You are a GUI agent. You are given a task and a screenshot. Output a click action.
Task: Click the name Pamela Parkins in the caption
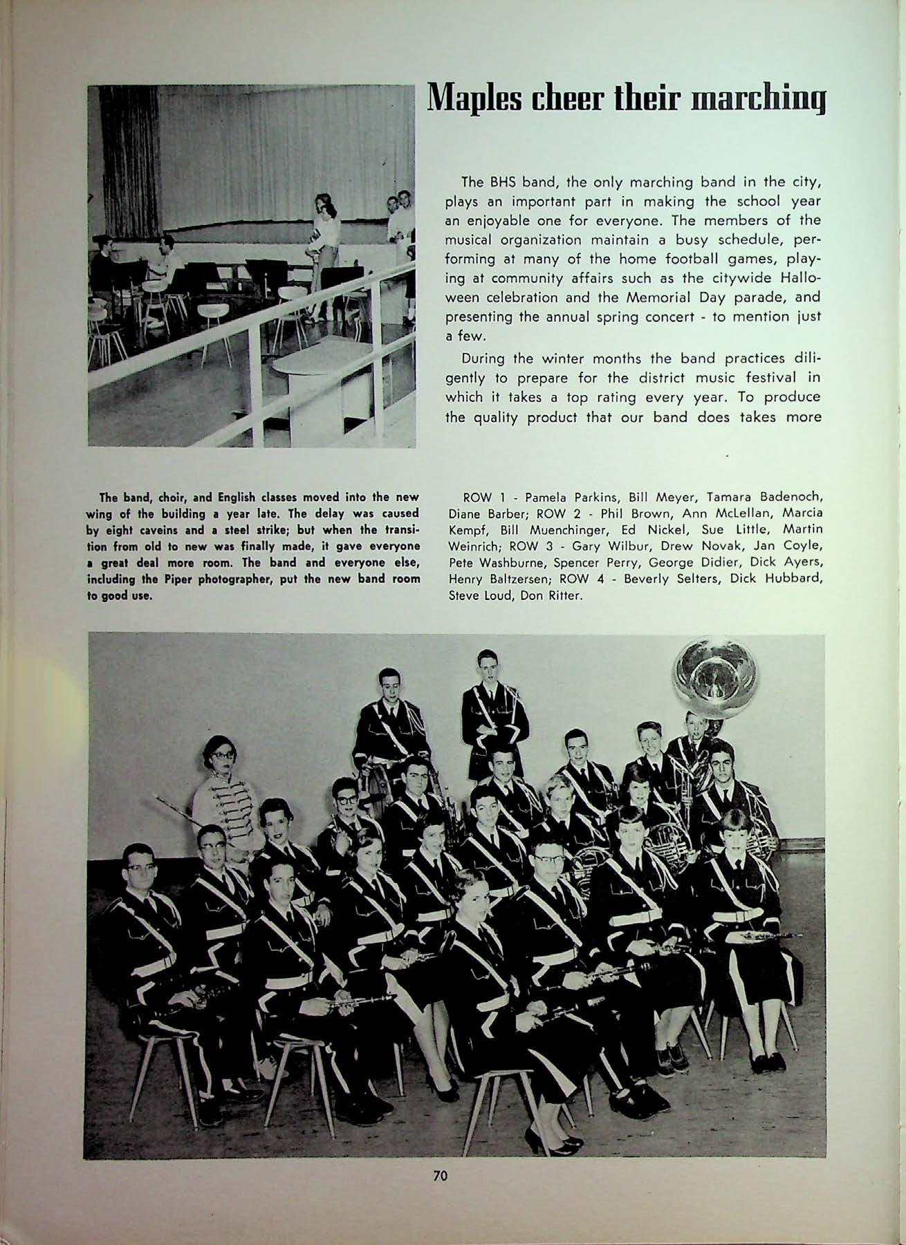pyautogui.click(x=559, y=498)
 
